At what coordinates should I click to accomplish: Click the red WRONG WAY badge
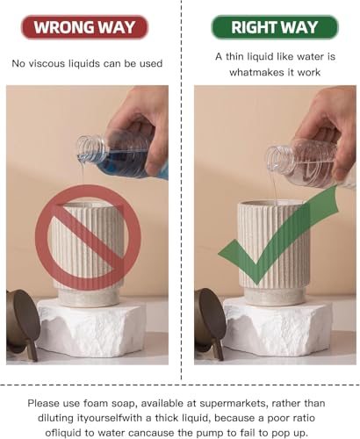pyautogui.click(x=85, y=27)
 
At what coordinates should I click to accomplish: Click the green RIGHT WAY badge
pyautogui.click(x=275, y=27)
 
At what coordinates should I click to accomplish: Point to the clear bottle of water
pyautogui.click(x=310, y=164)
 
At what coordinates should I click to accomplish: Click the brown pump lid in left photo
pyautogui.click(x=23, y=322)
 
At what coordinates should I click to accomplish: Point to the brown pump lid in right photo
pyautogui.click(x=209, y=322)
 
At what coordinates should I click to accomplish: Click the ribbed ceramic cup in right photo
pyautogui.click(x=274, y=253)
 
